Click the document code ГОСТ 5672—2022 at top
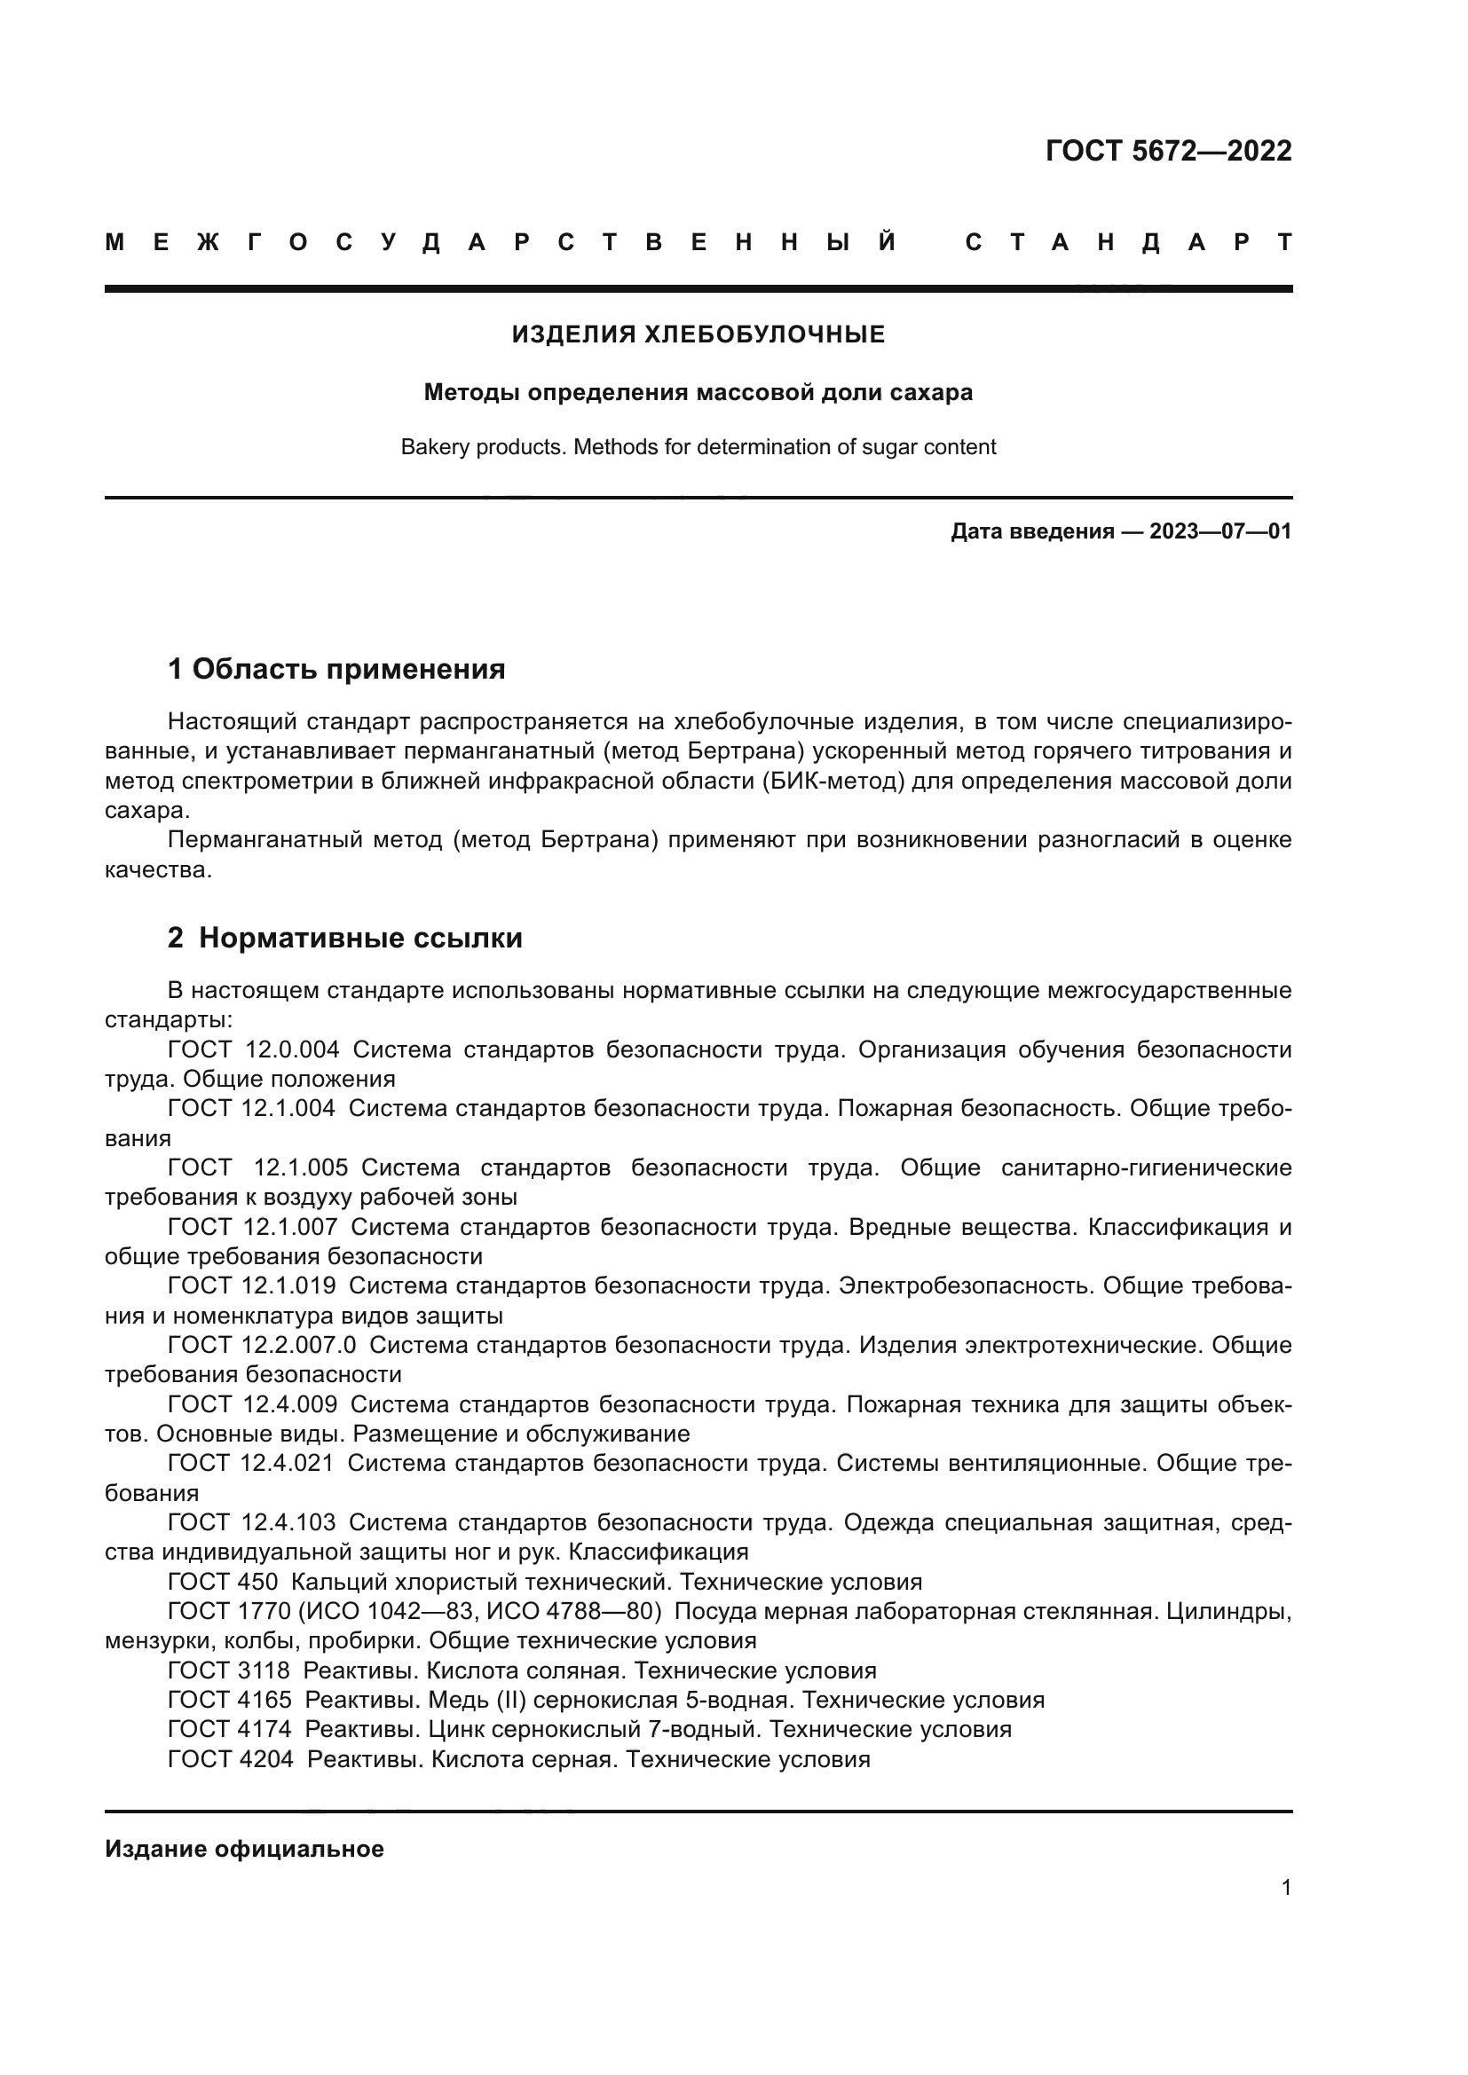(x=1168, y=151)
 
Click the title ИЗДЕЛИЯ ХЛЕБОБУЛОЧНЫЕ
(x=698, y=334)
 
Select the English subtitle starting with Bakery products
(x=698, y=447)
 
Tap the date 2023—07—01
(x=1219, y=531)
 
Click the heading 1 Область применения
(x=336, y=670)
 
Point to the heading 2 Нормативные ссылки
(x=345, y=939)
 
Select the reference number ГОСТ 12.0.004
(x=254, y=1050)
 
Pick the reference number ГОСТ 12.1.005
(x=258, y=1167)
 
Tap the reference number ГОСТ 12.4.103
(x=251, y=1522)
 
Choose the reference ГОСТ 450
(x=223, y=1582)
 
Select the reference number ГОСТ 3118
(x=229, y=1670)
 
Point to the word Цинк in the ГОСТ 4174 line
(x=457, y=1729)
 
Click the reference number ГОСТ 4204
(x=231, y=1758)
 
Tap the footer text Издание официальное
(x=244, y=1849)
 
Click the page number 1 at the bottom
(x=1285, y=1887)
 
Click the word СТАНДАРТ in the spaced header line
(x=1128, y=242)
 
